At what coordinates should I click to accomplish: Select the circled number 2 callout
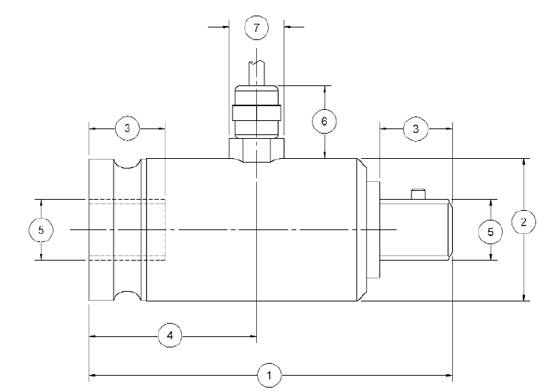pyautogui.click(x=524, y=222)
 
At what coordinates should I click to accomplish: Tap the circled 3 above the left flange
pyautogui.click(x=128, y=128)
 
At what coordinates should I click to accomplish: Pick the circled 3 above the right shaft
pyautogui.click(x=416, y=128)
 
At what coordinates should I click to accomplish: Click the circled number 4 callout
pyautogui.click(x=170, y=336)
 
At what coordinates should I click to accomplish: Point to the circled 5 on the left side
pyautogui.click(x=41, y=230)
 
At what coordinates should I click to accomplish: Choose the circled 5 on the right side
pyautogui.click(x=490, y=231)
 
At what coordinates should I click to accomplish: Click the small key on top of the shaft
pyautogui.click(x=418, y=195)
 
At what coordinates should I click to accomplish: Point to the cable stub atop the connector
pyautogui.click(x=256, y=73)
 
